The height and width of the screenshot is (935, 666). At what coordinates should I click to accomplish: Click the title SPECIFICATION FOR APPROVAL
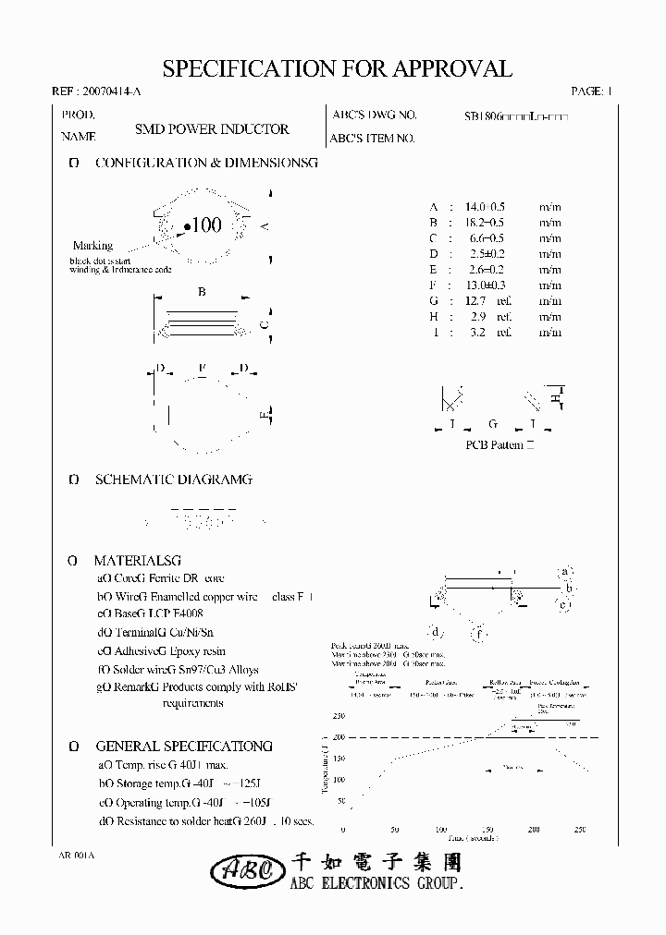(337, 69)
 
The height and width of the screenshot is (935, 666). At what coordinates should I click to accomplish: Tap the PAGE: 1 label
(592, 92)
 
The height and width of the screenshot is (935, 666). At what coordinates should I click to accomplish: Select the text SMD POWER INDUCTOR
(212, 130)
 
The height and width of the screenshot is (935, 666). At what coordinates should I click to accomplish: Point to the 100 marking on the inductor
(203, 225)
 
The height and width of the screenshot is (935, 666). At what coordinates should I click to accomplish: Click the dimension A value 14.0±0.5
(485, 207)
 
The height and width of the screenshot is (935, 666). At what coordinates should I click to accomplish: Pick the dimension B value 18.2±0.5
(485, 223)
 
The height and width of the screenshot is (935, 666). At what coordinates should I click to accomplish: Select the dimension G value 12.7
(478, 300)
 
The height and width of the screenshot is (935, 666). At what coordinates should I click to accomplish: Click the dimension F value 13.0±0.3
(485, 285)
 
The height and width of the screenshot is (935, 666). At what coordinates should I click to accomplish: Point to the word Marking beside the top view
(92, 246)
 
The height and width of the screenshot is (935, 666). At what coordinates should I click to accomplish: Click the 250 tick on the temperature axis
(338, 716)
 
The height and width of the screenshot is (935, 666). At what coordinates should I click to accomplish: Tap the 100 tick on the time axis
(439, 829)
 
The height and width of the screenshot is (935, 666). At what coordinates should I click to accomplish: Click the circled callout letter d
(435, 632)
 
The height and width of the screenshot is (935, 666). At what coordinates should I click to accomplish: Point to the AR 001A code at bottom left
(77, 856)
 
